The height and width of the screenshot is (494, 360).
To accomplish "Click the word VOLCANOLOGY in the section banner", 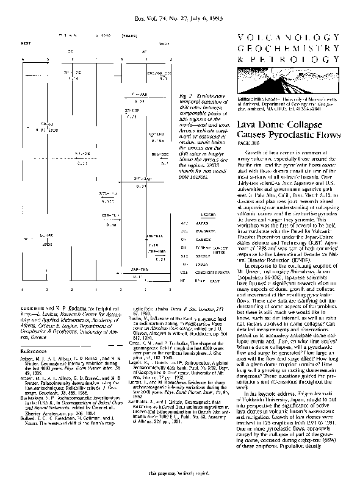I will click(x=287, y=38).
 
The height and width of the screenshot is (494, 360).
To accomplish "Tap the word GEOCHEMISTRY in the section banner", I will click(x=287, y=49).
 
